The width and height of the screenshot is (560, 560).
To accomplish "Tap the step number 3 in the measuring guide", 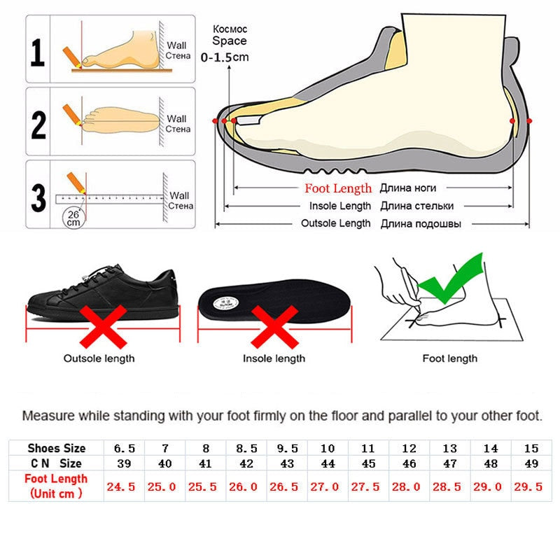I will point(38,195).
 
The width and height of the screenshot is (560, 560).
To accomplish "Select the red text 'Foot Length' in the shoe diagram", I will point(338,188).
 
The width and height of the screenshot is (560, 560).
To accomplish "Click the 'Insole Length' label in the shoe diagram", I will point(340,206).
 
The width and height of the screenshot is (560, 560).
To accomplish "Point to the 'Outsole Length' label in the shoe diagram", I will point(335,223).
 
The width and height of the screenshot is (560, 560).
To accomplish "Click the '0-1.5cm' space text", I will point(225,57).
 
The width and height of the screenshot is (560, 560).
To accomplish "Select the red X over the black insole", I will point(274,328).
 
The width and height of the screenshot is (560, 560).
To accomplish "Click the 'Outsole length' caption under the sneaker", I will point(99,358).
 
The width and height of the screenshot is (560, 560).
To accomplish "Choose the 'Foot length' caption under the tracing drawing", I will point(449,358).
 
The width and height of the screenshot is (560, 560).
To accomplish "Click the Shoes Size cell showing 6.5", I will point(124,448).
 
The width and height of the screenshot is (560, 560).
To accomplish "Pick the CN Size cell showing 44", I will point(327,463).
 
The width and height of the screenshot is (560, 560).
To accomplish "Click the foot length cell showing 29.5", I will point(530,486).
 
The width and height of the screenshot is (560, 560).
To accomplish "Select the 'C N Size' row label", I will point(56,463).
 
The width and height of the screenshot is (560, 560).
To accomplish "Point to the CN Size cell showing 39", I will point(124,463).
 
